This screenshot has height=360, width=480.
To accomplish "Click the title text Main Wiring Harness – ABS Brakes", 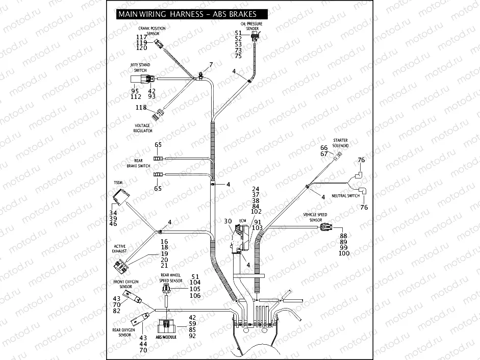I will tap(187, 14).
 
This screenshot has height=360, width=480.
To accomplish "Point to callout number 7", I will tap(210, 65).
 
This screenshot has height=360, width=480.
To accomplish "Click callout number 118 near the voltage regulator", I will tap(141, 108).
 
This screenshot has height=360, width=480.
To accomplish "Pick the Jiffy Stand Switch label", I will tap(140, 67).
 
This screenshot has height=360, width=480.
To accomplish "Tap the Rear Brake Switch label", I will tap(139, 163).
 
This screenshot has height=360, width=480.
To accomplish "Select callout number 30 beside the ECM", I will tap(228, 221).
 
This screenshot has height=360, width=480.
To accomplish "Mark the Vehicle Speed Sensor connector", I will tap(326, 228).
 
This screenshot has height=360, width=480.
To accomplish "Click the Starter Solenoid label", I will tap(341, 143).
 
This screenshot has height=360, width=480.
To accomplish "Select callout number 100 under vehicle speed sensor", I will tap(344, 253).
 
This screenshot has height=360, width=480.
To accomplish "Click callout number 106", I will tap(195, 296).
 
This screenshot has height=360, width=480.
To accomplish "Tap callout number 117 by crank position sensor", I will tap(141, 37).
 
